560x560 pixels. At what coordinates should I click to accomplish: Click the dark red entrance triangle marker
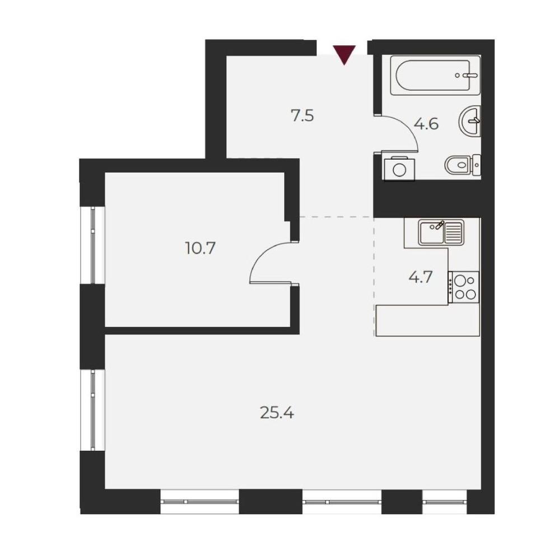click(x=344, y=54)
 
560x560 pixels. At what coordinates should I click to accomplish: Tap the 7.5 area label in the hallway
click(x=302, y=116)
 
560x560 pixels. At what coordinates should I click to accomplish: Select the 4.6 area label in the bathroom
click(x=426, y=124)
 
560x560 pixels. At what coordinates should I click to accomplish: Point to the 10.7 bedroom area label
click(x=200, y=248)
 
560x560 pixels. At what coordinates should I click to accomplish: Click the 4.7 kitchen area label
click(x=421, y=277)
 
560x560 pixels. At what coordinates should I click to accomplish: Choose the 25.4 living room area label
click(x=277, y=413)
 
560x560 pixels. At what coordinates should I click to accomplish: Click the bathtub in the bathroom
click(x=435, y=76)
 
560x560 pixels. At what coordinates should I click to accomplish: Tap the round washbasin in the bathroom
click(x=469, y=121)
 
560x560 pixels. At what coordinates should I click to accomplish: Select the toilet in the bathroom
click(x=463, y=165)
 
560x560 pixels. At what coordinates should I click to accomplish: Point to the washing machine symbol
click(x=399, y=169)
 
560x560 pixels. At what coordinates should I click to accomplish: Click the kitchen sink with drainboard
click(x=441, y=233)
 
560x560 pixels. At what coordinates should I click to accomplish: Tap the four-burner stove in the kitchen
click(x=464, y=287)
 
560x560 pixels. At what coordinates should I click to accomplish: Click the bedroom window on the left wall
click(x=92, y=245)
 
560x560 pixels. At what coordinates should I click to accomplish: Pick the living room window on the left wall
click(x=92, y=410)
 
